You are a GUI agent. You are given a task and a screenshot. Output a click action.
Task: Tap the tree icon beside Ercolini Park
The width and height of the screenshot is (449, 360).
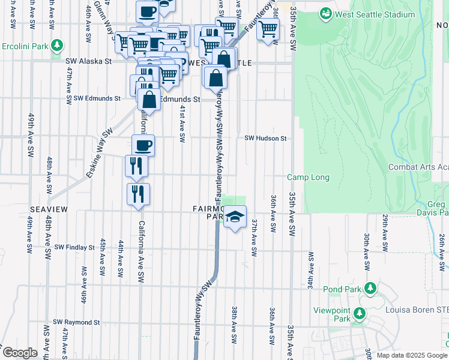(x=57, y=45)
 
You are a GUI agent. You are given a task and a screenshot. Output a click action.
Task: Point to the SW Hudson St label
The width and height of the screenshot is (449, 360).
(x=265, y=138)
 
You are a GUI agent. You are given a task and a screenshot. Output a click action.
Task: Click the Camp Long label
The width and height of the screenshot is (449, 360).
(x=308, y=177)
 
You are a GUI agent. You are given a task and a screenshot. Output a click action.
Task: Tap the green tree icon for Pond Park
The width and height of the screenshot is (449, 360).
(x=370, y=289)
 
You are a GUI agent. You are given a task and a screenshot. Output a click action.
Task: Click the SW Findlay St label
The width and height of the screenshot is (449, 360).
(x=74, y=247)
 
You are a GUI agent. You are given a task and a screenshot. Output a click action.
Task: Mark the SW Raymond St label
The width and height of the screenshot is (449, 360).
(x=76, y=322)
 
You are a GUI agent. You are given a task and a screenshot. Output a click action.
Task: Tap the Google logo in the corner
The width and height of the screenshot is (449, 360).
(x=19, y=352)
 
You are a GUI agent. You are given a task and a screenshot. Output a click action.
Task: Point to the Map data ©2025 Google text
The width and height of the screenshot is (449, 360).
(x=411, y=355)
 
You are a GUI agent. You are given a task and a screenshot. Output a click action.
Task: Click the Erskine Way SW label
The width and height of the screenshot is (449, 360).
(x=98, y=154)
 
